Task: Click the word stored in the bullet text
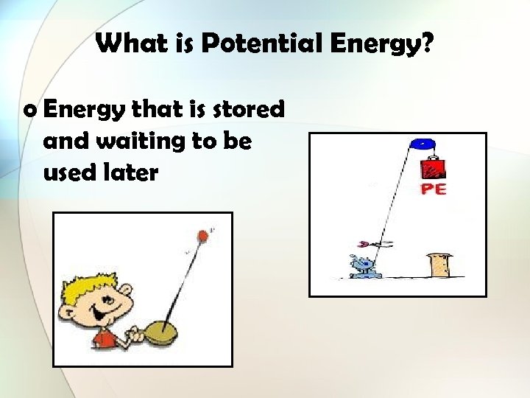(248, 110)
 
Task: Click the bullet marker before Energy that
(29, 111)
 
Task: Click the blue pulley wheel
(423, 143)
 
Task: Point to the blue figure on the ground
(364, 267)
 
